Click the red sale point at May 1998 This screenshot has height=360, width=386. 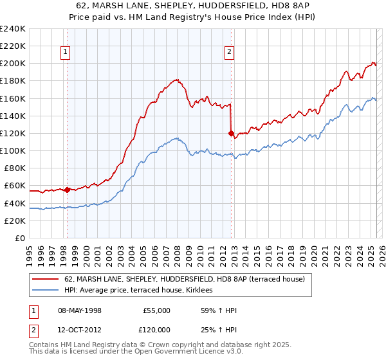pos(67,190)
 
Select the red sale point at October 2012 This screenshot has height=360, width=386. pos(231,133)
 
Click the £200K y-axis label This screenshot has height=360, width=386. pos(13,64)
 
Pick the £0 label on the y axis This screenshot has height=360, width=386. pos(19,238)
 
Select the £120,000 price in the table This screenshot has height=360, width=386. pos(156,329)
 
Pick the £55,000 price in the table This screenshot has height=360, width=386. pos(156,310)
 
